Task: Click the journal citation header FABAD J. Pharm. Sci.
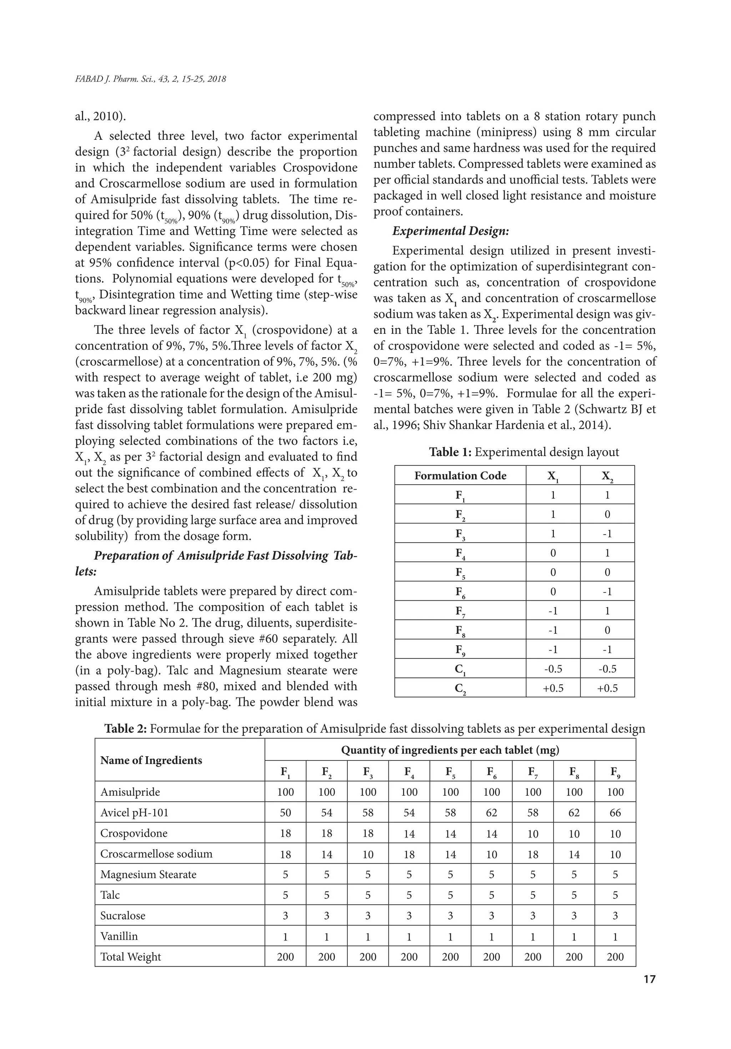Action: pyautogui.click(x=150, y=79)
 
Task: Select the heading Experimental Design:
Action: pyautogui.click(x=450, y=231)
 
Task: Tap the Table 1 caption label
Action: pyautogui.click(x=450, y=452)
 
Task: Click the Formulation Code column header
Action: pyautogui.click(x=460, y=475)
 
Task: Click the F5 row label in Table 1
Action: pyautogui.click(x=460, y=573)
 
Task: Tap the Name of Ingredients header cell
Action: pyautogui.click(x=151, y=760)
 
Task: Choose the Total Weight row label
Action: pyautogui.click(x=130, y=957)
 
